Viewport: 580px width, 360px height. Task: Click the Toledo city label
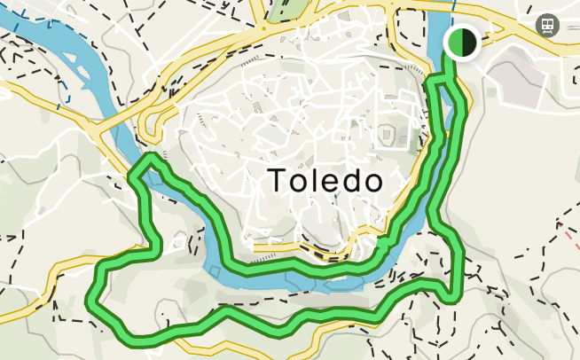325,181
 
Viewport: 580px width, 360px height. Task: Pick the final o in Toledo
372,183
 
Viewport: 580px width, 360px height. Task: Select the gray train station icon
547,25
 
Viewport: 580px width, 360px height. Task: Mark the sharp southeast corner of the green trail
458,294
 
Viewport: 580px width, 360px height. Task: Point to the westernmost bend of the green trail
91,300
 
